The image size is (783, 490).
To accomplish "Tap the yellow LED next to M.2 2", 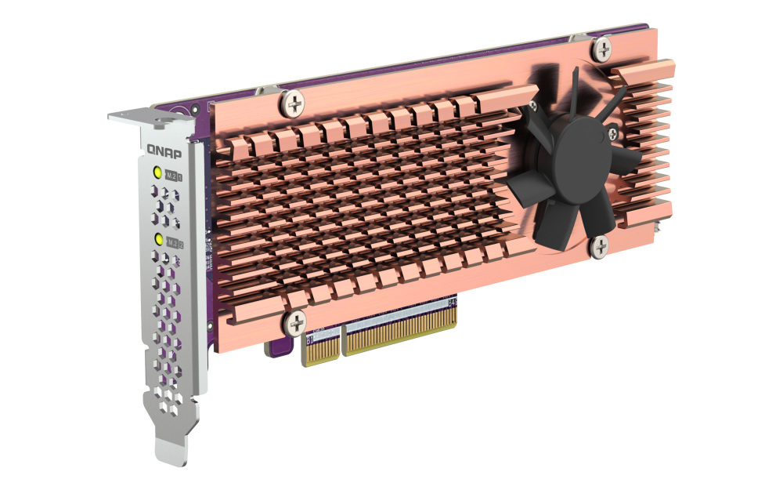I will pyautogui.click(x=159, y=239).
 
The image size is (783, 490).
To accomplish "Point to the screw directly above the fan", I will pyautogui.click(x=601, y=51).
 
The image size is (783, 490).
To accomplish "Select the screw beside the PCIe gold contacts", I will pyautogui.click(x=296, y=321).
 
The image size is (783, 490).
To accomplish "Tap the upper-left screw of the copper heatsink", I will pyautogui.click(x=293, y=101).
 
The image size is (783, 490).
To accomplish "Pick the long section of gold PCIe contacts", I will pyautogui.click(x=399, y=329).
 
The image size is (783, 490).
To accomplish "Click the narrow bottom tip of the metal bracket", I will pyautogui.click(x=170, y=452).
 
